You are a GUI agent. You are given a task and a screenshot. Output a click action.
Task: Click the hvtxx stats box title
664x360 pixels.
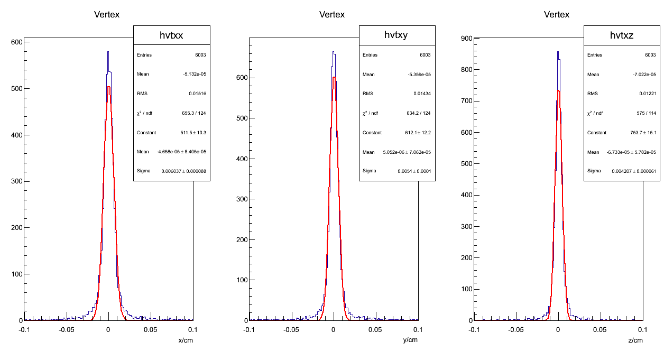pyautogui.click(x=172, y=35)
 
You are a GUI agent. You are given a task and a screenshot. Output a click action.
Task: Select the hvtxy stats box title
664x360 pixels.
pyautogui.click(x=397, y=35)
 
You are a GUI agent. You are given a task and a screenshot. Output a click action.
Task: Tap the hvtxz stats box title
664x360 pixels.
pyautogui.click(x=622, y=35)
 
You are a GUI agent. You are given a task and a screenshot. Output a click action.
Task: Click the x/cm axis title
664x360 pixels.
pyautogui.click(x=185, y=340)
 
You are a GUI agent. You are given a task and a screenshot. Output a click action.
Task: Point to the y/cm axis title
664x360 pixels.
pyautogui.click(x=410, y=340)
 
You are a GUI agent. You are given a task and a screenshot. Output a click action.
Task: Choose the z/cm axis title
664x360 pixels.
pyautogui.click(x=635, y=340)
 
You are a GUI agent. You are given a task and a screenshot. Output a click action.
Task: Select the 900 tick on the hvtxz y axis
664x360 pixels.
pyautogui.click(x=466, y=38)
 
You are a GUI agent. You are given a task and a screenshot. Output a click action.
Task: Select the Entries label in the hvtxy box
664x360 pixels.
pyautogui.click(x=370, y=55)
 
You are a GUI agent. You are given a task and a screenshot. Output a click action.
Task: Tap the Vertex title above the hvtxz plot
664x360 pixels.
pyautogui.click(x=557, y=15)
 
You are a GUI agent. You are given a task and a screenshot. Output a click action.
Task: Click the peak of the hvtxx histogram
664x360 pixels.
pyautogui.click(x=108, y=52)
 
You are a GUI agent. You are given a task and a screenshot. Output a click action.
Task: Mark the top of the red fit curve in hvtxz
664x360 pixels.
pyautogui.click(x=558, y=90)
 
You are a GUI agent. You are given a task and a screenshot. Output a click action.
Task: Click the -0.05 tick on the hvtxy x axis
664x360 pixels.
pyautogui.click(x=291, y=329)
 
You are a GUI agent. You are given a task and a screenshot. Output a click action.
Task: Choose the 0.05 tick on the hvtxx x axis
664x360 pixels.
pyautogui.click(x=151, y=329)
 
